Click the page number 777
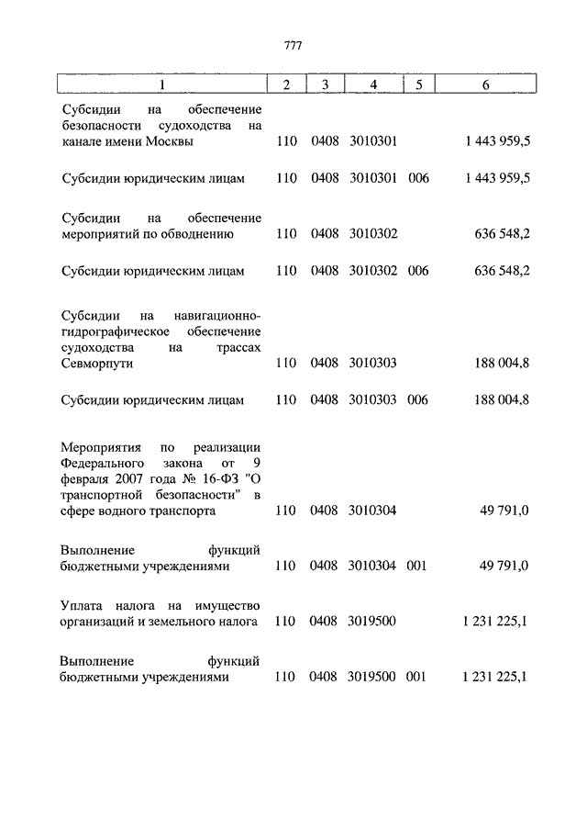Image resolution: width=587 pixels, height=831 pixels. tap(293, 45)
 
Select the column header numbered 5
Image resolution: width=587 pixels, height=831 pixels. tap(418, 85)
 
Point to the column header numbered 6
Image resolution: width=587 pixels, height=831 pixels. tap(485, 85)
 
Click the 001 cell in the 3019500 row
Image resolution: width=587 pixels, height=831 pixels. tap(418, 677)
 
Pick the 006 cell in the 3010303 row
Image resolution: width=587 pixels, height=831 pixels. tap(418, 400)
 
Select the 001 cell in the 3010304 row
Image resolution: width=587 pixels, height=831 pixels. tap(418, 567)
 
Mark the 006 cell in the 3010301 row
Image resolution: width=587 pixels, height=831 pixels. tap(418, 178)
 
